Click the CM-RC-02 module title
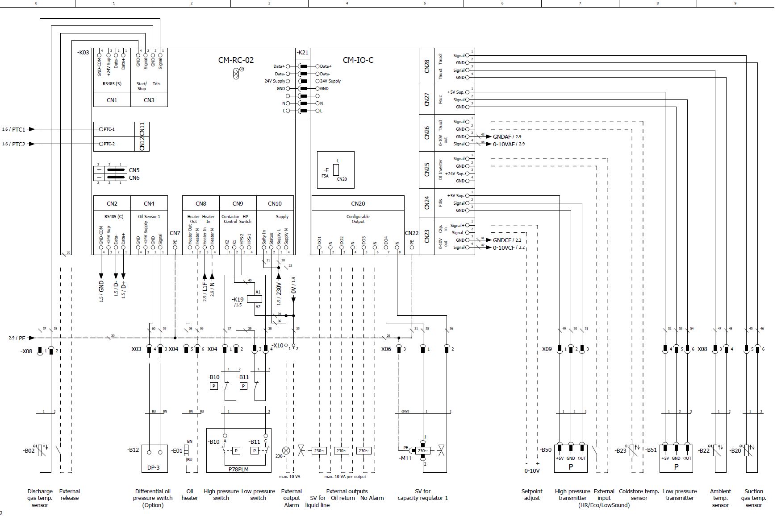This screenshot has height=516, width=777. [236, 60]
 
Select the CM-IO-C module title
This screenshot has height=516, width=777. [358, 60]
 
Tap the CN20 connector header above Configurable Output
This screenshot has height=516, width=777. [358, 203]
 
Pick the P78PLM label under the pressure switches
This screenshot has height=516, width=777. [238, 469]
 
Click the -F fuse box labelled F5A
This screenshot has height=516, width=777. [336, 170]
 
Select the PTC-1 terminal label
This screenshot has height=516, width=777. [109, 129]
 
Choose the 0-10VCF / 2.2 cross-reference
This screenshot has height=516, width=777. [509, 248]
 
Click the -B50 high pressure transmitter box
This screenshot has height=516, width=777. [571, 458]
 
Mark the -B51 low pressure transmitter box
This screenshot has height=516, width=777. [676, 458]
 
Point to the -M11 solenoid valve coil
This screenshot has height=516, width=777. [422, 450]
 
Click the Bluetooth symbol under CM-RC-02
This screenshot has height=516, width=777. [237, 74]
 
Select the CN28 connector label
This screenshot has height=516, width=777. [427, 66]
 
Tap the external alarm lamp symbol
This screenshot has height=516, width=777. [286, 450]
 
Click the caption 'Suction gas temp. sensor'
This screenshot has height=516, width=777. [753, 498]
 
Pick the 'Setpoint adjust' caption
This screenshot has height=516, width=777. [532, 495]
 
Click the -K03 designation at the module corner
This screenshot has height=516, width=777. [83, 53]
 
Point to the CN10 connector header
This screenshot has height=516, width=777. [275, 203]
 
